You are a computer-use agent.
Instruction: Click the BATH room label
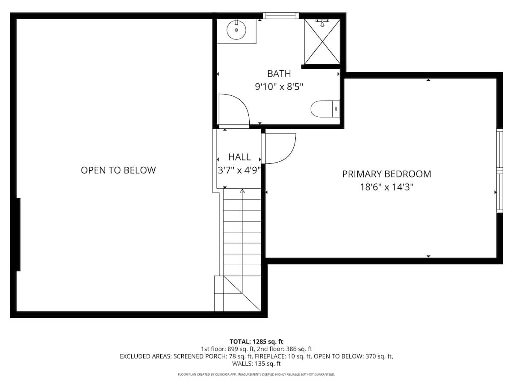pyautogui.click(x=279, y=73)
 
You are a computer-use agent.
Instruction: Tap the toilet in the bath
pyautogui.click(x=324, y=109)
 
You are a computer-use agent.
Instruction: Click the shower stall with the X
pyautogui.click(x=322, y=41)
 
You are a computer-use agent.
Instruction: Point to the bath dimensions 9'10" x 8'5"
pyautogui.click(x=279, y=86)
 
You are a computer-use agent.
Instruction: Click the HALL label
pyautogui.click(x=239, y=157)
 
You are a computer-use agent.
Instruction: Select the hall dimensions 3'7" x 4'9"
pyautogui.click(x=239, y=170)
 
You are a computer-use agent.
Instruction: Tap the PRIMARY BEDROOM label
pyautogui.click(x=386, y=174)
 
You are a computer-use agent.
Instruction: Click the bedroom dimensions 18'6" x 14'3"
pyautogui.click(x=386, y=187)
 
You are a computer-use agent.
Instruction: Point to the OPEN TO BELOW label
pyautogui.click(x=118, y=170)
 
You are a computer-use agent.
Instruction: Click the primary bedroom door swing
pyautogui.click(x=280, y=148)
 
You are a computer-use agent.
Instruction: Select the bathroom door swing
pyautogui.click(x=233, y=110)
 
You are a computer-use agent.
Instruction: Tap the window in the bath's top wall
pyautogui.click(x=280, y=16)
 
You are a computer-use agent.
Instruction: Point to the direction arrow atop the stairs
pyautogui.click(x=242, y=192)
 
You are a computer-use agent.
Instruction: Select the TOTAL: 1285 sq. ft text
pyautogui.click(x=256, y=341)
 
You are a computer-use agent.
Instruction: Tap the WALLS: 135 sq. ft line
pyautogui.click(x=256, y=364)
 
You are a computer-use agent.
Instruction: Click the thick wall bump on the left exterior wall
pyautogui.click(x=18, y=234)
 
